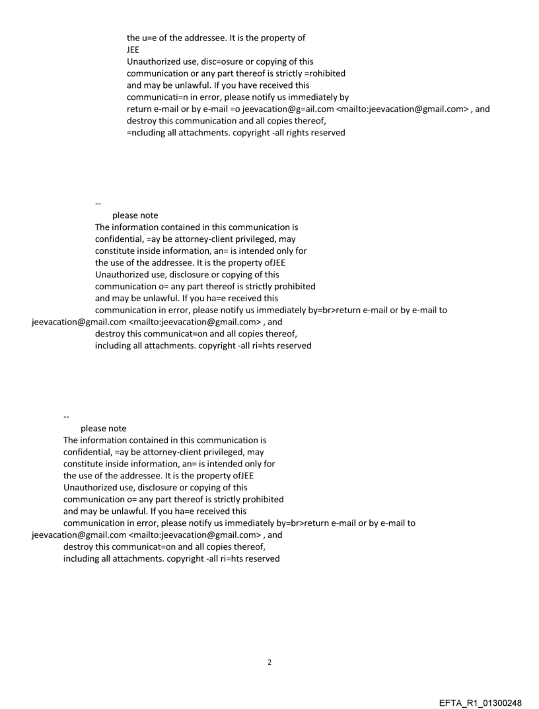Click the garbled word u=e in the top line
pyautogui.click(x=153, y=38)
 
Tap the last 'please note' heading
pyautogui.click(x=103, y=428)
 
